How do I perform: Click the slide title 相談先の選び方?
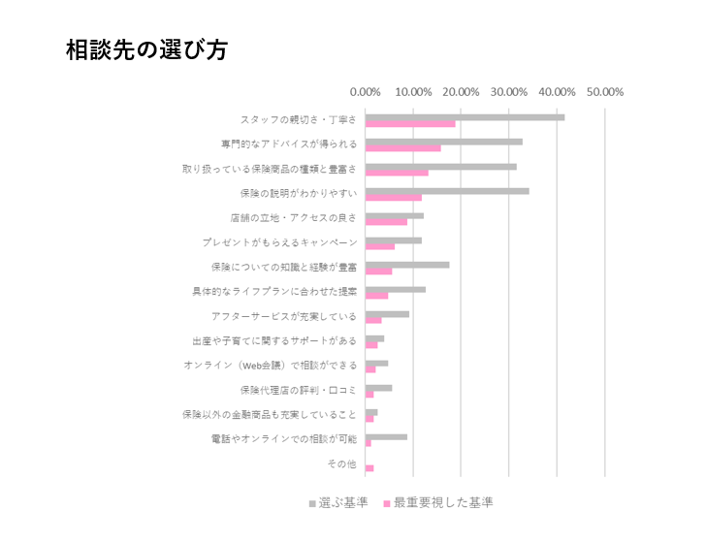point(146,50)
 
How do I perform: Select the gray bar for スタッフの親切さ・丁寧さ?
point(465,117)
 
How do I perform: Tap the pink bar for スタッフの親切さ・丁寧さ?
point(410,124)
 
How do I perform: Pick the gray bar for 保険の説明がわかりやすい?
point(447,191)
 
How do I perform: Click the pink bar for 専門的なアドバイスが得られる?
point(402,148)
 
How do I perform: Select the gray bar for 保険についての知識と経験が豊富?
point(407,264)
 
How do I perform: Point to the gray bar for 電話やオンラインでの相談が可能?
point(386,436)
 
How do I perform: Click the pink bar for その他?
point(369,468)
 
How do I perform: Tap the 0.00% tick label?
point(366,92)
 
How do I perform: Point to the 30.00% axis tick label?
point(509,92)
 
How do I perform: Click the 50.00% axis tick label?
point(605,92)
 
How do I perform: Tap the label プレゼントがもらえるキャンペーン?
point(279,241)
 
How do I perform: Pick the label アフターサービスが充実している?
point(283,315)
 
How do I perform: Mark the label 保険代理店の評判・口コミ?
point(298,390)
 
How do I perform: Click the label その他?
point(341,464)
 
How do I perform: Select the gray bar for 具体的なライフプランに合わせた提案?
point(396,289)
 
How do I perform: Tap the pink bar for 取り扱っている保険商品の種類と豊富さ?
point(397,173)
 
